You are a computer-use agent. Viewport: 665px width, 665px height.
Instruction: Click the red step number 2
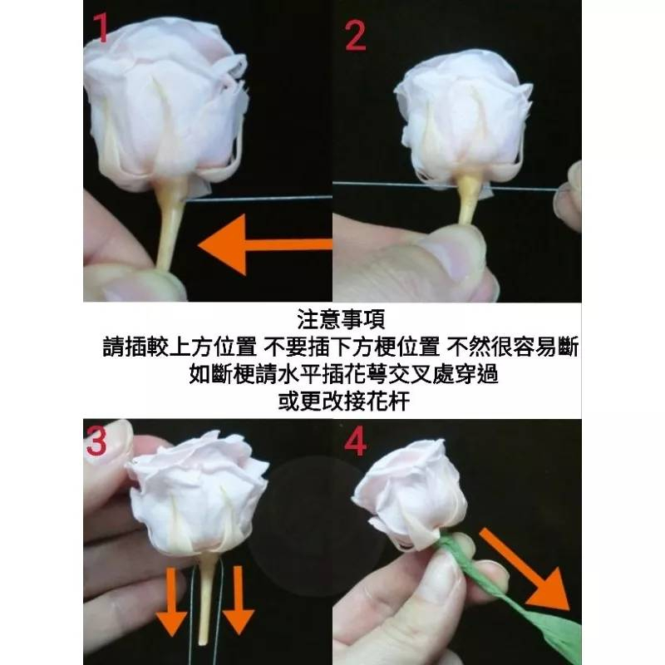pos(356,36)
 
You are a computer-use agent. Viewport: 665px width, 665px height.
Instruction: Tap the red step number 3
pos(96,441)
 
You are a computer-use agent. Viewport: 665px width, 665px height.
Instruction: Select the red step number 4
pos(356,442)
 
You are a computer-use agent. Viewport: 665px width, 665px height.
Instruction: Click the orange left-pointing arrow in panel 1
pos(265,244)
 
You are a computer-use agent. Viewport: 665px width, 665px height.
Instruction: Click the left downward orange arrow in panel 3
pos(171,602)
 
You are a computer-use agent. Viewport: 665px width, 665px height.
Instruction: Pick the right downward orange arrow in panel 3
pos(239,600)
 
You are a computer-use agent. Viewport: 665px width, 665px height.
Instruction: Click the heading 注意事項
pos(341,319)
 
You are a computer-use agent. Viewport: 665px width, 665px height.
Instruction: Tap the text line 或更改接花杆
pos(343,401)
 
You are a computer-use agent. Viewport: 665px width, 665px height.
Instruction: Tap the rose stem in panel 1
pos(170,224)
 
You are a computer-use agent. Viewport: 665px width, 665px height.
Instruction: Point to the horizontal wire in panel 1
pos(259,198)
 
